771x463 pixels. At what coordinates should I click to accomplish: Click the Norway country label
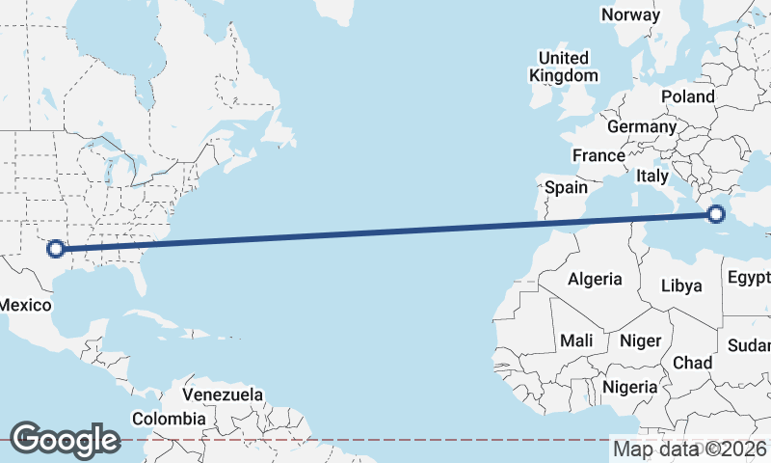(630, 14)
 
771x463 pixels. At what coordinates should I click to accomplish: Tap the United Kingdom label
(564, 67)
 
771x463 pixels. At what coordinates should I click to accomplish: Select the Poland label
(688, 96)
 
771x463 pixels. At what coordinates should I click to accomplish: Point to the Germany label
(642, 126)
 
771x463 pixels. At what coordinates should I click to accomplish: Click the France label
(598, 155)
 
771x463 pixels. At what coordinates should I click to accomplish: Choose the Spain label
(566, 187)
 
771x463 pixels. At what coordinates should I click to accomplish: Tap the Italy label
(651, 177)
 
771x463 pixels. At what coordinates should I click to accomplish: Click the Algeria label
(595, 280)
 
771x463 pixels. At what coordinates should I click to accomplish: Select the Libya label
(681, 286)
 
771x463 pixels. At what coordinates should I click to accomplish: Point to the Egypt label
(749, 278)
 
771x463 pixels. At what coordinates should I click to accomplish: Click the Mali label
(576, 340)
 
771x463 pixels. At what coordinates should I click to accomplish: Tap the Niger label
(640, 340)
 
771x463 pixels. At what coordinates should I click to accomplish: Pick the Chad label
(692, 363)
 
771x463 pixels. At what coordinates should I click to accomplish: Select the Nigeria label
(629, 387)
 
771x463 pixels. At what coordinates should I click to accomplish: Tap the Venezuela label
(223, 395)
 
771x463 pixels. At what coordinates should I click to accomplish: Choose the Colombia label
(169, 419)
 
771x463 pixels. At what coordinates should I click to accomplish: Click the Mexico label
(25, 305)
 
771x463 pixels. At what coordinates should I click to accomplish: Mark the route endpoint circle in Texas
(56, 249)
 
